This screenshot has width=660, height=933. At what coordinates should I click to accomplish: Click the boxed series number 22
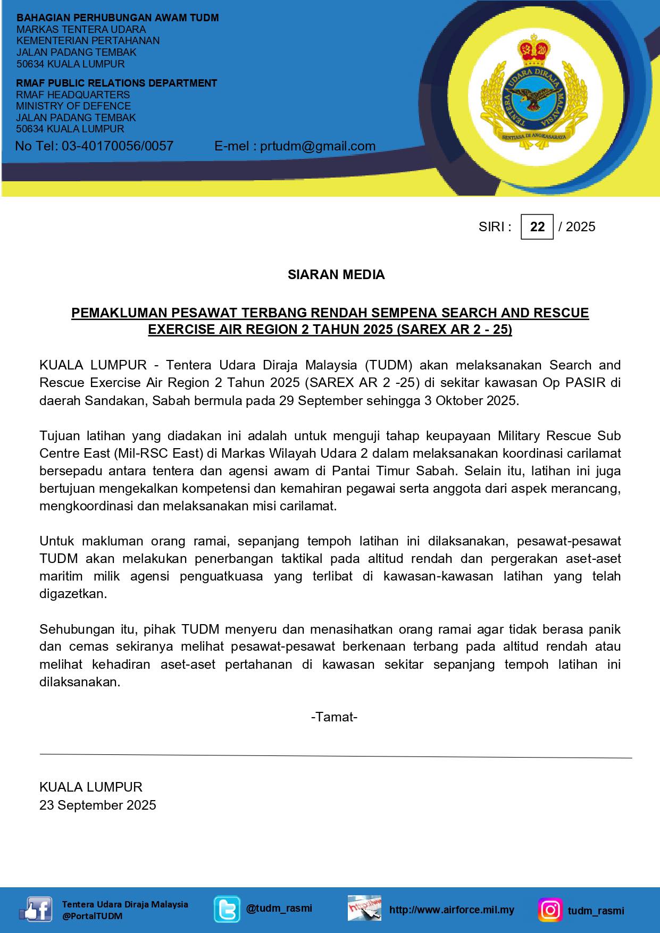pyautogui.click(x=537, y=227)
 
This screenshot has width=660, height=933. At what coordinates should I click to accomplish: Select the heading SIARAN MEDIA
pyautogui.click(x=336, y=275)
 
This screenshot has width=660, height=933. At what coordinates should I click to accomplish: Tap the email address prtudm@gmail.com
pyautogui.click(x=318, y=146)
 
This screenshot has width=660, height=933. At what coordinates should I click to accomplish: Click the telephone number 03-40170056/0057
pyautogui.click(x=118, y=146)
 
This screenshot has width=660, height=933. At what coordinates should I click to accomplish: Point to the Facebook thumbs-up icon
pyautogui.click(x=35, y=910)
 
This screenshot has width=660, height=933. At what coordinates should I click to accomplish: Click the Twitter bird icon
pyautogui.click(x=227, y=910)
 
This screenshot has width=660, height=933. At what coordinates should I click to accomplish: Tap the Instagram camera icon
pyautogui.click(x=550, y=910)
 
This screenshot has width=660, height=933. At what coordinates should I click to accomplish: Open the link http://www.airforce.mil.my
pyautogui.click(x=452, y=910)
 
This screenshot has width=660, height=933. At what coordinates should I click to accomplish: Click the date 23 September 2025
pyautogui.click(x=98, y=805)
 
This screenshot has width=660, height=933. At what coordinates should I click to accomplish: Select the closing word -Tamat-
pyautogui.click(x=334, y=717)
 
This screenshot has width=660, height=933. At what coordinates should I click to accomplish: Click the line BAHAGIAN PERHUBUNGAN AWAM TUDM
pyautogui.click(x=118, y=18)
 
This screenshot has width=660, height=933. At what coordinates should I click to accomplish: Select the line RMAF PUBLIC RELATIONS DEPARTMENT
pyautogui.click(x=116, y=83)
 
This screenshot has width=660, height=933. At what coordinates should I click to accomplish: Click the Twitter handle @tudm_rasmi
pyautogui.click(x=279, y=908)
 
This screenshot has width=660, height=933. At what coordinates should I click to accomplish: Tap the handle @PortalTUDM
pyautogui.click(x=92, y=916)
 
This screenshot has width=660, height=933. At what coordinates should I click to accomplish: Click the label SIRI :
pyautogui.click(x=495, y=227)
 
